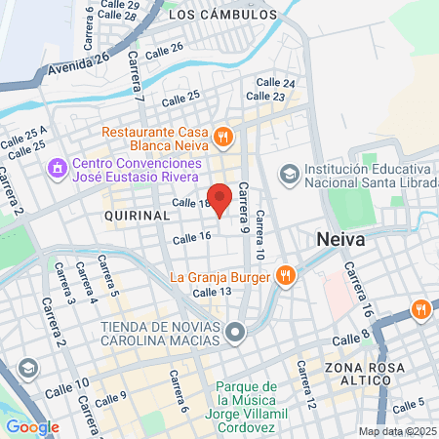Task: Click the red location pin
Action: (220, 198)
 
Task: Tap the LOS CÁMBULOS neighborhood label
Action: (223, 16)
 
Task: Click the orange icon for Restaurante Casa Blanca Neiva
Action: (223, 137)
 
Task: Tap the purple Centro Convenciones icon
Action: (58, 168)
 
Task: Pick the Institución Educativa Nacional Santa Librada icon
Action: (289, 173)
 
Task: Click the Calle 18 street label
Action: (191, 202)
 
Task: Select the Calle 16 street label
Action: (191, 237)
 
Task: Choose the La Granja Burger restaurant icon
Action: (285, 275)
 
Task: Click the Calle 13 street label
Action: (212, 292)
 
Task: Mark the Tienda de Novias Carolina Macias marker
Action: (234, 335)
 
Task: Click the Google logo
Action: (32, 426)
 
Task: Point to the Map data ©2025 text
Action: (396, 431)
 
